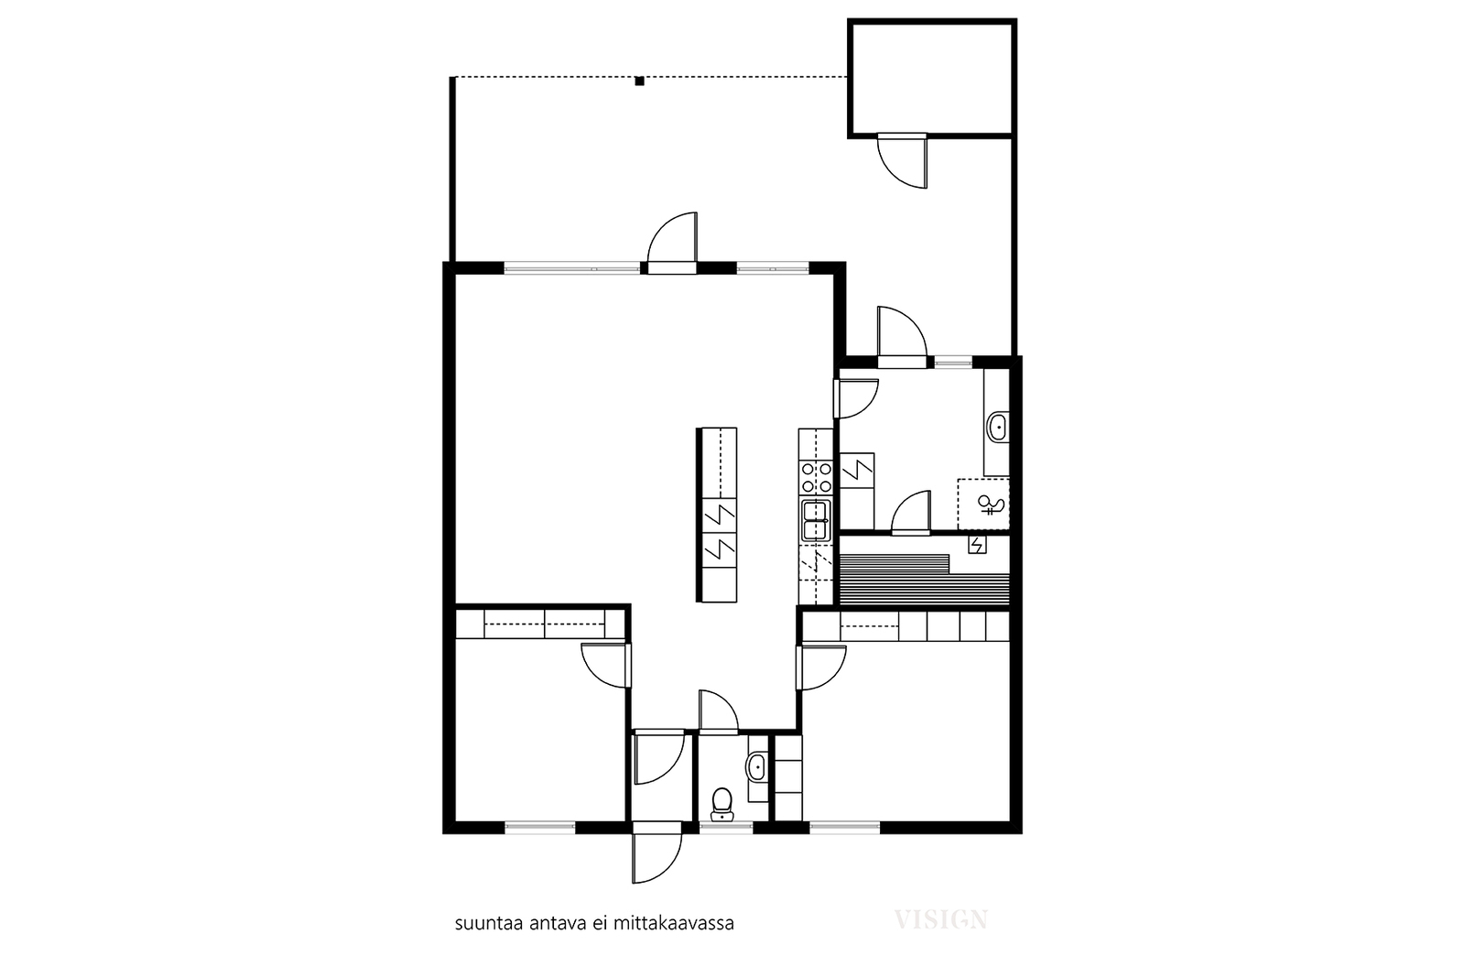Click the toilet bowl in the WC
coord(722,803)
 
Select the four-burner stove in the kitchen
coord(816,477)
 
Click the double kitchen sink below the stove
coord(816,520)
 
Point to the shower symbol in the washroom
coord(988,505)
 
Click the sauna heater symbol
coord(977,544)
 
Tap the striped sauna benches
coord(925,580)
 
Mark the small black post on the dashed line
coord(640,81)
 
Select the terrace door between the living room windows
coord(672,243)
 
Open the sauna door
coord(911,514)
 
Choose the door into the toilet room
coord(719,711)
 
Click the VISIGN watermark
coord(941,920)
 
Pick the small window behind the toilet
coord(726,827)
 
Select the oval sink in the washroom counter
coord(998,427)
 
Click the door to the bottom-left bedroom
coord(606,666)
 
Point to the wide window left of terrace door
coord(571,267)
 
